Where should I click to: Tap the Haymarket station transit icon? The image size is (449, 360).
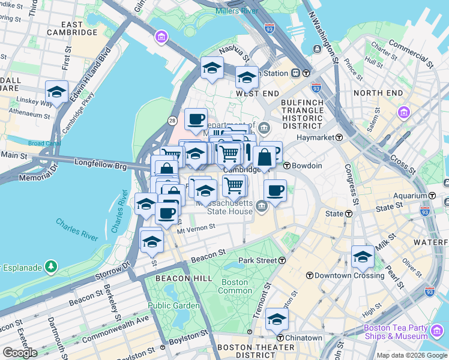pyautogui.click(x=339, y=137)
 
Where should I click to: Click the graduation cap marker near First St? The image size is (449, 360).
pyautogui.click(x=56, y=92)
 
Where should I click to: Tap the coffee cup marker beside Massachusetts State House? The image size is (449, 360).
pyautogui.click(x=275, y=191)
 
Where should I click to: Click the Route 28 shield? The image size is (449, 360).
pyautogui.click(x=172, y=121)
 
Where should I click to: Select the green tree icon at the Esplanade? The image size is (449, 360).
pyautogui.click(x=52, y=265)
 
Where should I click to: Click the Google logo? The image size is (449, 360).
pyautogui.click(x=20, y=352)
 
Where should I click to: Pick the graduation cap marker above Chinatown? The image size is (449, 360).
pyautogui.click(x=277, y=319)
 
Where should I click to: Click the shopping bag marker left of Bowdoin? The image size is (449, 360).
pyautogui.click(x=264, y=158)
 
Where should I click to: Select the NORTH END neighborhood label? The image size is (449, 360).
pyautogui.click(x=378, y=93)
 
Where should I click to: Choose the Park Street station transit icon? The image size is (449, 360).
pyautogui.click(x=282, y=260)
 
